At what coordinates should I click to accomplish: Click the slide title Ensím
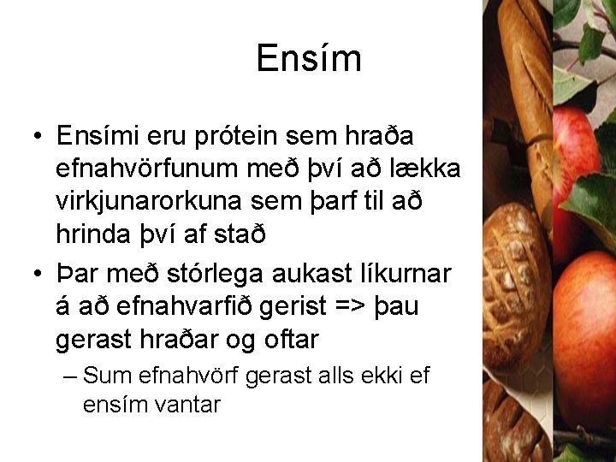click(x=309, y=59)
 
